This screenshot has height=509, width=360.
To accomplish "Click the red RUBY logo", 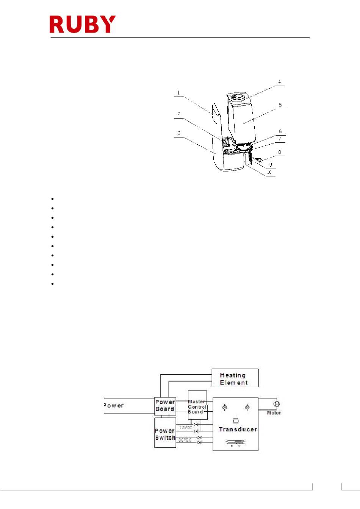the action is tap(83, 24).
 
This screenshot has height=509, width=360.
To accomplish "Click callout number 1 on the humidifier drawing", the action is tap(178, 93).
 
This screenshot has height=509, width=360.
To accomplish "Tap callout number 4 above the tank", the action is tap(280, 82).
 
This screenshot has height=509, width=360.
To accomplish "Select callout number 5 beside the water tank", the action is tap(280, 105).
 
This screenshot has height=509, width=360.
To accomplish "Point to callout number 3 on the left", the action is tap(179, 133).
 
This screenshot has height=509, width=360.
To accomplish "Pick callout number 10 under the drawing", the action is tap(269, 172).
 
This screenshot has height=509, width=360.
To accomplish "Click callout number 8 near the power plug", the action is tap(280, 152).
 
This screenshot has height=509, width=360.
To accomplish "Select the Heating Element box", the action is tap(235, 378).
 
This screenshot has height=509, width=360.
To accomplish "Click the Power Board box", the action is tap(165, 406).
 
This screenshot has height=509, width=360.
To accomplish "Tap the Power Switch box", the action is tap(165, 434).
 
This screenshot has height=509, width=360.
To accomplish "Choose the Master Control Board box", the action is tap(197, 406).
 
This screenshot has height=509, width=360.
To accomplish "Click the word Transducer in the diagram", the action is tap(238, 429).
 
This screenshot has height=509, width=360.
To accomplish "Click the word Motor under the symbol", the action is tap(274, 413).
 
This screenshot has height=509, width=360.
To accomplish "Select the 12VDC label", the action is tap(186, 428).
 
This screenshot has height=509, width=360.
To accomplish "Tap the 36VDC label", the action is tap(185, 440).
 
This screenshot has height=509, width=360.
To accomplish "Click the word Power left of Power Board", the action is tap(114, 406).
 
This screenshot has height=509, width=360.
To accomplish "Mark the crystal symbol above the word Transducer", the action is tap(236, 420).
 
